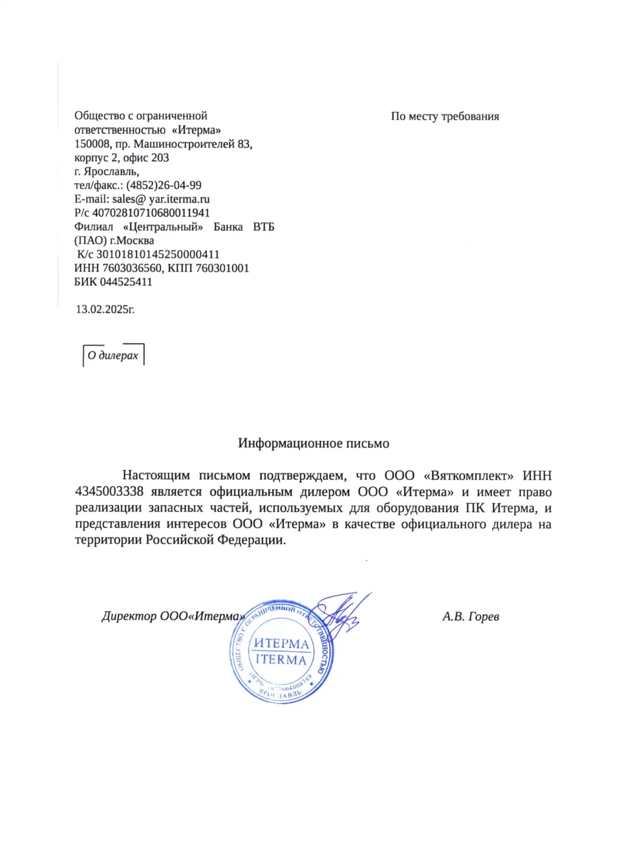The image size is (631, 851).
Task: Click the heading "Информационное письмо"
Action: point(313,444)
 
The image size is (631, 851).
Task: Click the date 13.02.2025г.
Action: point(106,310)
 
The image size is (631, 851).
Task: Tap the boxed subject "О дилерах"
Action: point(113,356)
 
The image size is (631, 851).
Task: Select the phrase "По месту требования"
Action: point(445,117)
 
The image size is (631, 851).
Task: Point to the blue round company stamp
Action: point(280,652)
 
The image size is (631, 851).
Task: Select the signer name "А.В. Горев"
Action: point(470,617)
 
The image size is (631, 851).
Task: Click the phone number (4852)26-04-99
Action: point(163,186)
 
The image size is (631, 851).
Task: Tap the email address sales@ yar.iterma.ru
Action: point(161,199)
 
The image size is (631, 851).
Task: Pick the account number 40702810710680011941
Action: point(151,213)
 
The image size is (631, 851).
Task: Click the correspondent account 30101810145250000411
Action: point(158,255)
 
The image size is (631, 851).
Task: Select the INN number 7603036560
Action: point(132,268)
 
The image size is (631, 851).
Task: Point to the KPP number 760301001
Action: point(222,268)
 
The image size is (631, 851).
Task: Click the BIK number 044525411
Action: point(126,282)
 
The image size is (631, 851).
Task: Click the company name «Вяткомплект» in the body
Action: point(468,476)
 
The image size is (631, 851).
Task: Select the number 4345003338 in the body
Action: point(109,492)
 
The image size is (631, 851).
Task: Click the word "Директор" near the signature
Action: point(129,617)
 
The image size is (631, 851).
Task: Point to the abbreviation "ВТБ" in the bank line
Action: point(263,227)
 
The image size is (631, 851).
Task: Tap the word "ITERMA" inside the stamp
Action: point(281,660)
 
